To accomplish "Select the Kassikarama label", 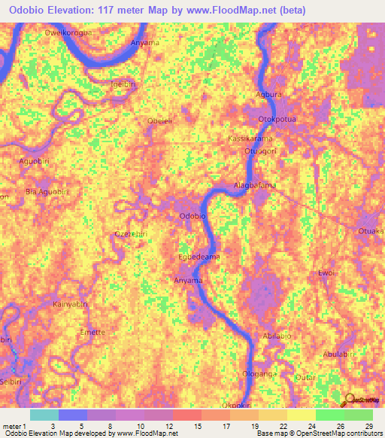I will tap(250, 140).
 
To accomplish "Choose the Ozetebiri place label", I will tap(131, 234).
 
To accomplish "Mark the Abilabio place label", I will tap(277, 336).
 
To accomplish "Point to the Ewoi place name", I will tap(326, 272).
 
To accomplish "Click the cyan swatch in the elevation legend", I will tap(44, 415).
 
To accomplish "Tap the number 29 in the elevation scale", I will tap(368, 426).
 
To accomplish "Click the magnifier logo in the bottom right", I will tap(350, 400).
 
